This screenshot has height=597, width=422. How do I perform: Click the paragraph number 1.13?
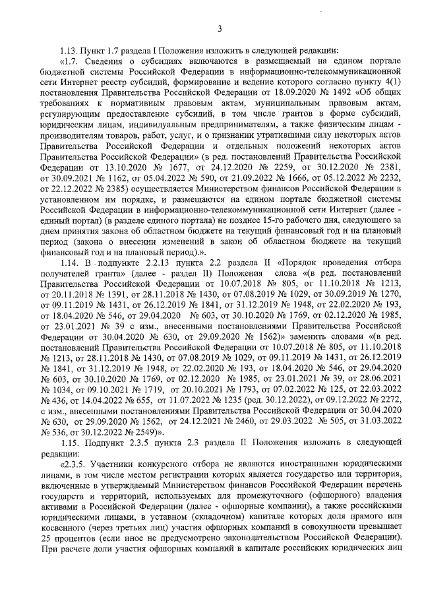69,50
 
